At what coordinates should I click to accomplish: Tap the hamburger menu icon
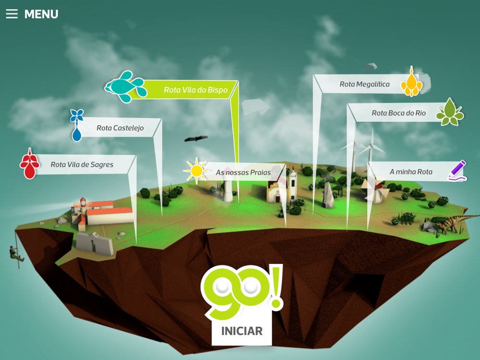pyautogui.click(x=12, y=14)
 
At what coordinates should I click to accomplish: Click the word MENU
pyautogui.click(x=41, y=14)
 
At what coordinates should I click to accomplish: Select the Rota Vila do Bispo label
pyautogui.click(x=195, y=90)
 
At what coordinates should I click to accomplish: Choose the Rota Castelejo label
pyautogui.click(x=120, y=128)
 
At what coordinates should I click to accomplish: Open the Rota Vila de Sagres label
pyautogui.click(x=82, y=165)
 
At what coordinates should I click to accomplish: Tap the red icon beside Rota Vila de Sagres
pyautogui.click(x=30, y=164)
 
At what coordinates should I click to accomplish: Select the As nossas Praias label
pyautogui.click(x=243, y=172)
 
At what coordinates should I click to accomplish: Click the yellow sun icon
pyautogui.click(x=196, y=170)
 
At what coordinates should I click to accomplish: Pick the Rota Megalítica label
pyautogui.click(x=364, y=84)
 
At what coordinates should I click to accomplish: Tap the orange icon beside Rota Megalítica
pyautogui.click(x=411, y=82)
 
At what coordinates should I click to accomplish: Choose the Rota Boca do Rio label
pyautogui.click(x=398, y=113)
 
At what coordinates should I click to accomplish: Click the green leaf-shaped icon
pyautogui.click(x=450, y=112)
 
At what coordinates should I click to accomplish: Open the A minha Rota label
pyautogui.click(x=410, y=171)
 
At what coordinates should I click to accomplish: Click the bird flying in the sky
pyautogui.click(x=196, y=139)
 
